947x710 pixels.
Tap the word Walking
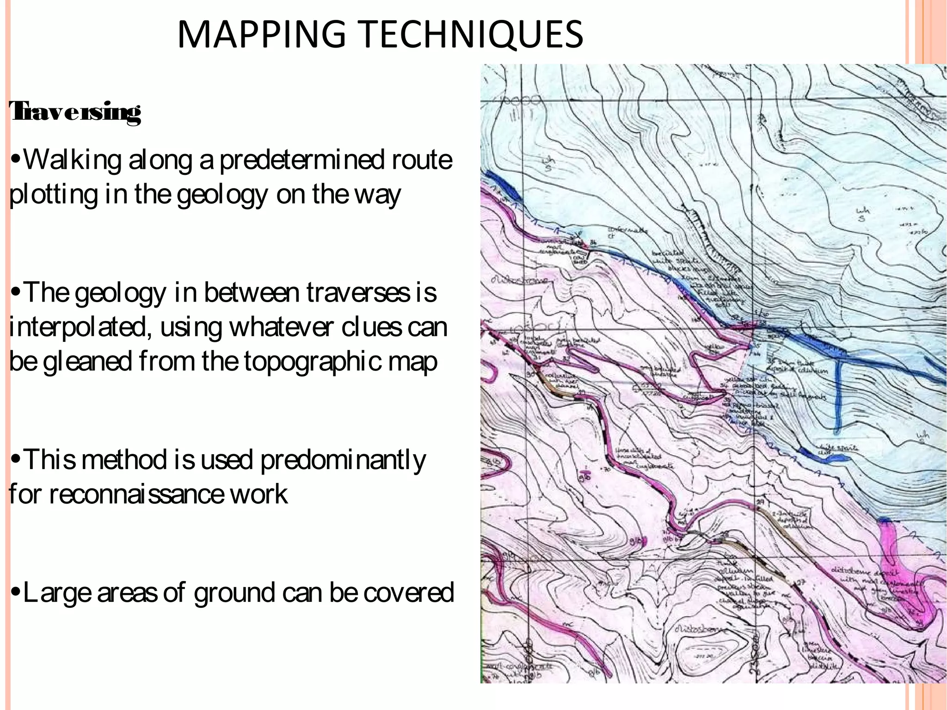pyautogui.click(x=72, y=160)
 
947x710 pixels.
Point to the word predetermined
pyautogui.click(x=301, y=160)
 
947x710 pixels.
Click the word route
pyautogui.click(x=422, y=160)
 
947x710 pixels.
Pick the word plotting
pyautogui.click(x=53, y=194)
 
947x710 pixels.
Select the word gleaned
pyautogui.click(x=87, y=361)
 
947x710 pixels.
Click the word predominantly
pyautogui.click(x=343, y=460)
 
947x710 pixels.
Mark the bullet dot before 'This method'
pyautogui.click(x=16, y=460)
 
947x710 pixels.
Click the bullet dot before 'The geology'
pyautogui.click(x=16, y=293)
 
